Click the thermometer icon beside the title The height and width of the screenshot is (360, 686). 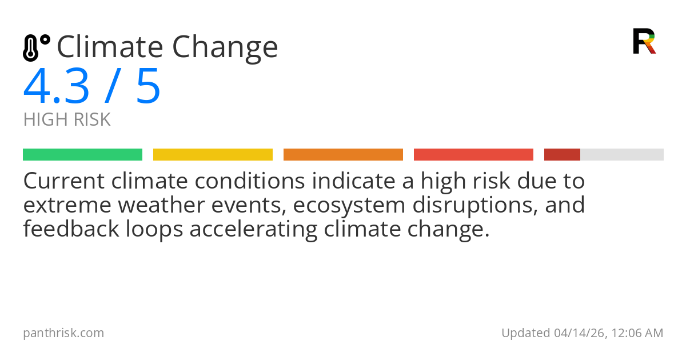point(35,47)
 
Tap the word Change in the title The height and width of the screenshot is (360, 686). point(226,48)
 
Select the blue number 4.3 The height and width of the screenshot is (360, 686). point(57,87)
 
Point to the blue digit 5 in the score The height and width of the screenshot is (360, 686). point(148,87)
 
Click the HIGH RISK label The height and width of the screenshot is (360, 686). point(67,120)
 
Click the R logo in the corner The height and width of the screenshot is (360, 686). point(644,41)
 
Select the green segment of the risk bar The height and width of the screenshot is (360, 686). point(82,155)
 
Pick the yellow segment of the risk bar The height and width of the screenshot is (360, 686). point(213,155)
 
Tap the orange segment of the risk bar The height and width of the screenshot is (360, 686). point(343,155)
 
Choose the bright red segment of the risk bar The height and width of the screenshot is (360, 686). point(473,155)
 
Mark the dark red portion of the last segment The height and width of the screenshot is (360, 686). point(562,155)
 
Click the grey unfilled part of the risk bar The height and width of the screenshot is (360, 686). point(622,155)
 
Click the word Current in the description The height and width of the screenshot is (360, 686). point(64,181)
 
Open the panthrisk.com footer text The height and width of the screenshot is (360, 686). point(63,333)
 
